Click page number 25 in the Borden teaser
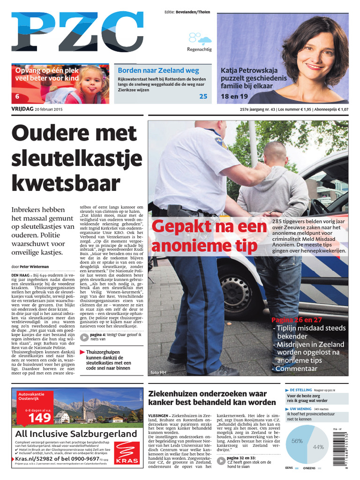point(203,97)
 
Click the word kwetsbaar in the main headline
point(66,183)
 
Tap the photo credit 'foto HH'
point(157,373)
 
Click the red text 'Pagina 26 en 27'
point(297,320)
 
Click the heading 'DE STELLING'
point(301,390)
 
